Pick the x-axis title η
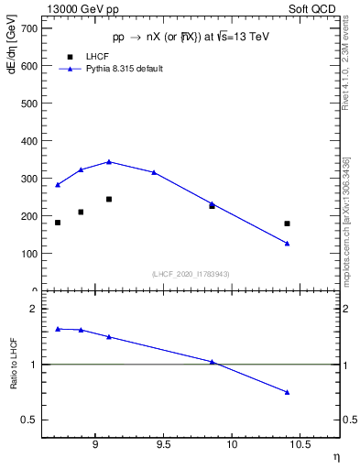tap(335, 455)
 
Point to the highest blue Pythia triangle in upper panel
tap(109, 161)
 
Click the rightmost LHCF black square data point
tap(287, 224)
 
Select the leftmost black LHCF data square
tap(58, 223)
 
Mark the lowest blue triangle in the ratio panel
tap(287, 392)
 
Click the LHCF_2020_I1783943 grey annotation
tap(190, 274)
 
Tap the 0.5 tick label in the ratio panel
tap(29, 420)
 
